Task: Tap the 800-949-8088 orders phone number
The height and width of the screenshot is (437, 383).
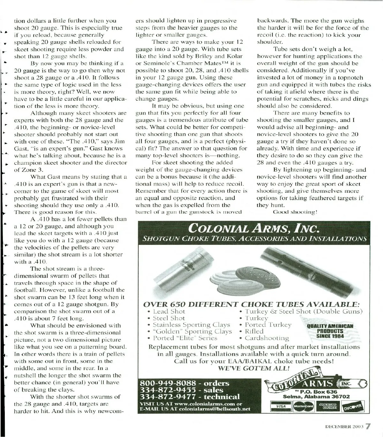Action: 184,383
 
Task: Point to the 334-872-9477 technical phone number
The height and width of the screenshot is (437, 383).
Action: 190,397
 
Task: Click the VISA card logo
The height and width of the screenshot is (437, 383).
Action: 281,407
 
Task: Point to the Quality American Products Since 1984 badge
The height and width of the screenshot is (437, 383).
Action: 330,331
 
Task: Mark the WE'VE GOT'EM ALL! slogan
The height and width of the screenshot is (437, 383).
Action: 254,368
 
